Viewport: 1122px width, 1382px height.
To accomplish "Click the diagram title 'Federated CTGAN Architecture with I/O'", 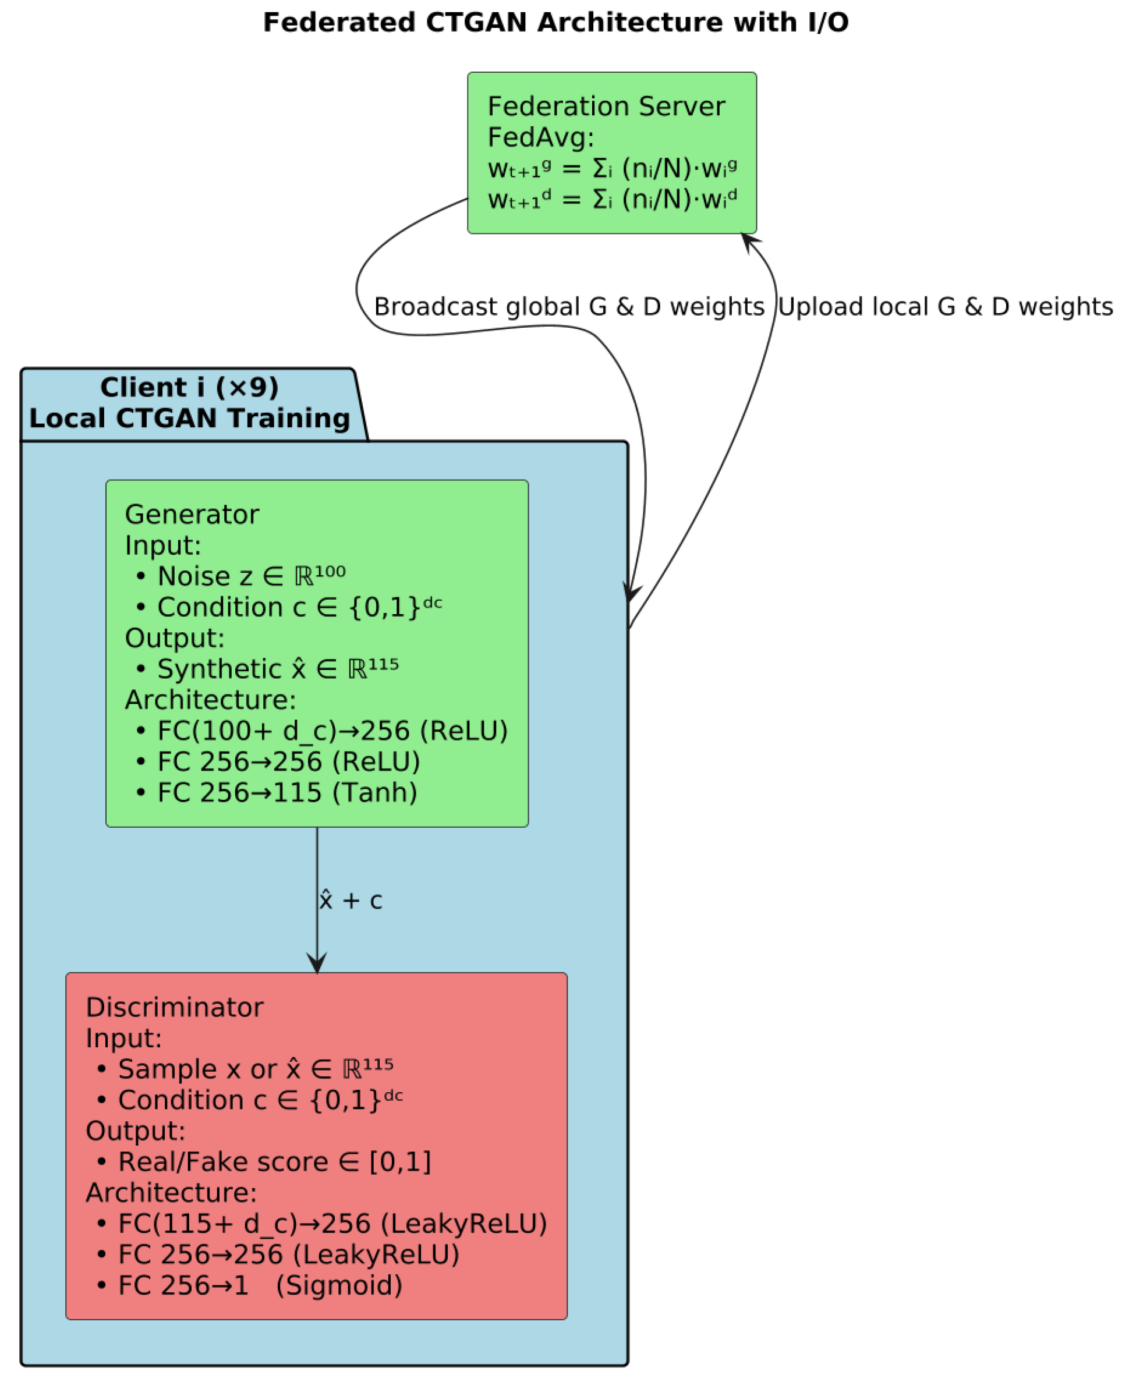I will click(x=556, y=23).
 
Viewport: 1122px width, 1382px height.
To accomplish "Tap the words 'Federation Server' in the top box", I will click(x=606, y=107).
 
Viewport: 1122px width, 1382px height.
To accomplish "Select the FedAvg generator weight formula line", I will click(x=612, y=169).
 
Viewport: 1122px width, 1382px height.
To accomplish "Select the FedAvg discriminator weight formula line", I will click(x=612, y=200).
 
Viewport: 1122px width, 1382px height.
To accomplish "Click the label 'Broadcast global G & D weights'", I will click(x=569, y=307).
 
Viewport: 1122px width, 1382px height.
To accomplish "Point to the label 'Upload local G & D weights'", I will click(x=945, y=307).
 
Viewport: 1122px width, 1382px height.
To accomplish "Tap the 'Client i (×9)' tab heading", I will click(x=189, y=388).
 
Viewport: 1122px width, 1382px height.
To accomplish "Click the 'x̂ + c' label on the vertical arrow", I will click(x=351, y=901).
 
